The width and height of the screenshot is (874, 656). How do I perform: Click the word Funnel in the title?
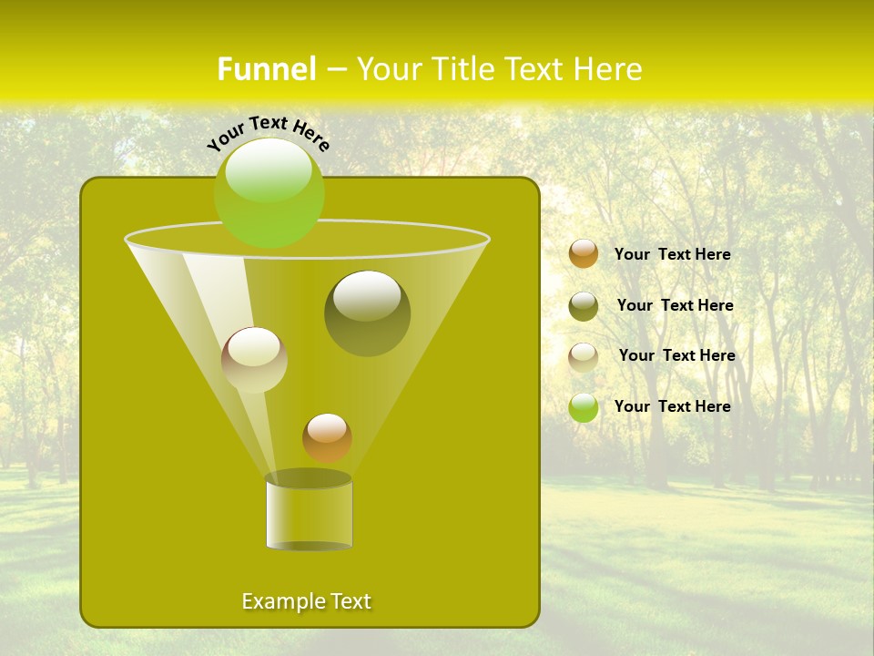tap(266, 69)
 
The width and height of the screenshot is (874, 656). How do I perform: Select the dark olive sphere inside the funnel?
tap(367, 313)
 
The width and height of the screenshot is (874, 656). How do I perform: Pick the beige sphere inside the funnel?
tap(254, 360)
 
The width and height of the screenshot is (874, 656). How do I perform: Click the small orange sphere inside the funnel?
tap(327, 437)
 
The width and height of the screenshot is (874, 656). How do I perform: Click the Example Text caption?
tap(306, 601)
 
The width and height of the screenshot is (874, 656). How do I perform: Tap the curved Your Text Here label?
tap(268, 131)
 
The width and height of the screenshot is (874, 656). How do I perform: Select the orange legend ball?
tap(584, 254)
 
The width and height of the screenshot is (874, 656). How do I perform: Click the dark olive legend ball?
tap(584, 306)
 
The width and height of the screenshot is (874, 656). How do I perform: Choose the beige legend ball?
tap(584, 356)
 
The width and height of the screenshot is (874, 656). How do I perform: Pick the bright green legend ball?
tap(584, 407)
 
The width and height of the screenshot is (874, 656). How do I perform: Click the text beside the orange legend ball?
tap(672, 254)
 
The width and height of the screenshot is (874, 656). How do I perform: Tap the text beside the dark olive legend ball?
tap(675, 305)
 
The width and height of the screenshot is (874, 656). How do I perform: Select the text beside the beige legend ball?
tap(676, 355)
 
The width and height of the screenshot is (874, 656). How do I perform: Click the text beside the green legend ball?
tap(672, 406)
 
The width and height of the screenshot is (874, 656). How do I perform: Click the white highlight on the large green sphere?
tap(269, 171)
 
